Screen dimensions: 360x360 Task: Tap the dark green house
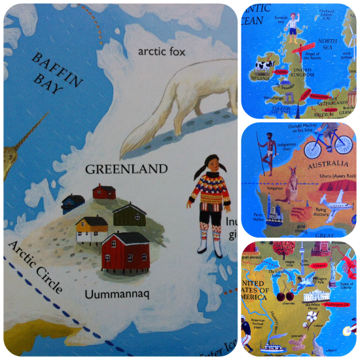coord(130,214)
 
